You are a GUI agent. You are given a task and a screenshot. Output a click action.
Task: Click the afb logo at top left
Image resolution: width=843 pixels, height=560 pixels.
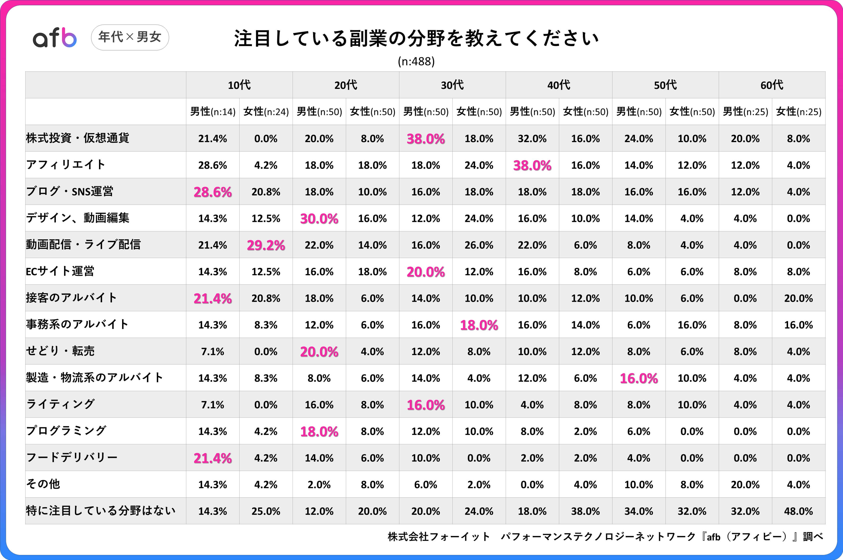55,38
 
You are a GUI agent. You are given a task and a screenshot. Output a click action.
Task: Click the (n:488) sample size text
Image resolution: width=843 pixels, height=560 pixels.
416,61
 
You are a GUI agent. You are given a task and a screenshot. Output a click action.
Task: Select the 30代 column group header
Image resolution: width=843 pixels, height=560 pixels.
452,85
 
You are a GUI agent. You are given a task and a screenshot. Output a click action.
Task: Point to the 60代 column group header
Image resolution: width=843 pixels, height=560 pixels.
772,85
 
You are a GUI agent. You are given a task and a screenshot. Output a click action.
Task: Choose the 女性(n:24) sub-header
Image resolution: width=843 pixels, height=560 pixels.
266,112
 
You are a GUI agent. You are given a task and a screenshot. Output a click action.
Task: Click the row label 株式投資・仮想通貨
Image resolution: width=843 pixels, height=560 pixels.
78,138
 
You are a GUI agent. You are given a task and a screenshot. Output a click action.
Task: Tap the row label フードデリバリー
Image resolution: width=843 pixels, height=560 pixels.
72,457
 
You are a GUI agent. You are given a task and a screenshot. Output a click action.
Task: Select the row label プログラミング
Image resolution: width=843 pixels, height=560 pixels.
66,431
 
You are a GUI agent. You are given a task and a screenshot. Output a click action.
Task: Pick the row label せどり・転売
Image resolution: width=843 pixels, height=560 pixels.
60,351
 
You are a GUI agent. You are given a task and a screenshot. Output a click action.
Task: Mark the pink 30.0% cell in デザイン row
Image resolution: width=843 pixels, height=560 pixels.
319,218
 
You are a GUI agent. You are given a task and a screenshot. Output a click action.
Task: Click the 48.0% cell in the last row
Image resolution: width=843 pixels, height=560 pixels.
798,511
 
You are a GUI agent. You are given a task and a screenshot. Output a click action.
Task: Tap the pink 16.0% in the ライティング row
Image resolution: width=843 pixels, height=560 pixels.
426,405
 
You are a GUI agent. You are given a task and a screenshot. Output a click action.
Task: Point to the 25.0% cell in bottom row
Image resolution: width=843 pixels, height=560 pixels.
266,511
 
